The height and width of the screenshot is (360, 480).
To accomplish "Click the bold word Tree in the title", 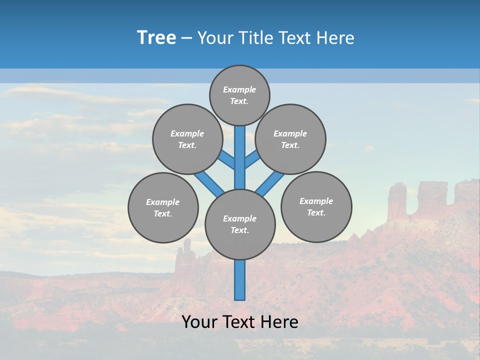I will [x=156, y=37].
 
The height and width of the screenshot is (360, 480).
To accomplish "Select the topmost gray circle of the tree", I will [x=239, y=95].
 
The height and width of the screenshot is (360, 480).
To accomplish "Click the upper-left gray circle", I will [x=187, y=139].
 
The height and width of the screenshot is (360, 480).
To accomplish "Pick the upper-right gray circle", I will [x=290, y=139].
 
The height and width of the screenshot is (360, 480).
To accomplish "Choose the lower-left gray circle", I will [x=163, y=207].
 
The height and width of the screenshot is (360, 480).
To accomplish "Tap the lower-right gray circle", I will [x=316, y=206].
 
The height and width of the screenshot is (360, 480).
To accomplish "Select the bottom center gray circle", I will [x=240, y=224].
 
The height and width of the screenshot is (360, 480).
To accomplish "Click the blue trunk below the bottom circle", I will [x=240, y=280].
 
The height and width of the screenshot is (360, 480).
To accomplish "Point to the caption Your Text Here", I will [x=240, y=322].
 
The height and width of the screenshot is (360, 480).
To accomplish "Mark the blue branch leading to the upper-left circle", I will [x=226, y=160].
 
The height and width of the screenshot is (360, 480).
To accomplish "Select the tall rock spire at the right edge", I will [x=397, y=200].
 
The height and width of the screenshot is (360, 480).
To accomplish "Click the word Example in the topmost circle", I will [x=239, y=89].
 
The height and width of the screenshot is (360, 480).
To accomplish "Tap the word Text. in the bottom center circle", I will [x=239, y=230].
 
